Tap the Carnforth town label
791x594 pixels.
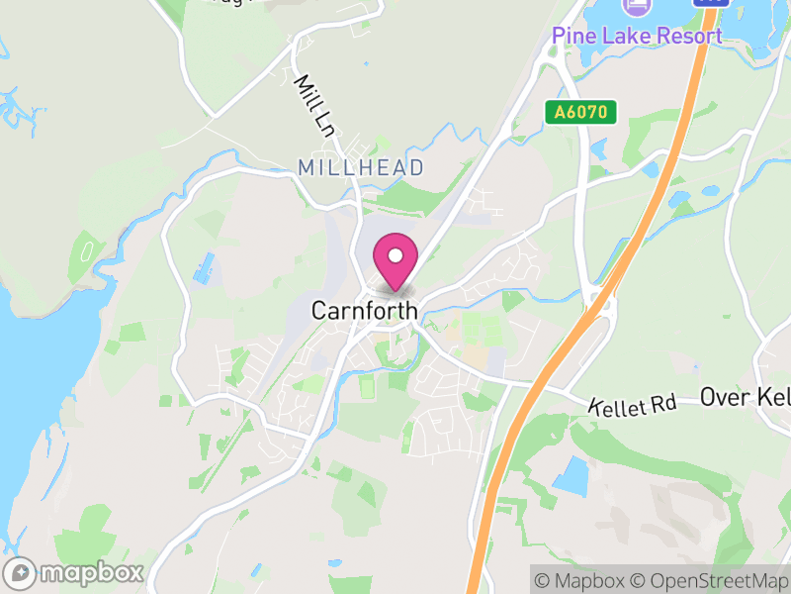point(364,311)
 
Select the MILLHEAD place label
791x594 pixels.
point(361,168)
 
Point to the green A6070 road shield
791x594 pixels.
point(581,113)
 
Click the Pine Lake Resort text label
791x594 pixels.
point(637,37)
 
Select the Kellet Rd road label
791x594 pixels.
point(633,405)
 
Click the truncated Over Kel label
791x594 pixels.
point(745,397)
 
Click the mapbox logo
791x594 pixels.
point(75,572)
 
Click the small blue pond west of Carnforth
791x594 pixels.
point(205,268)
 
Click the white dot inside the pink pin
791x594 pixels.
point(395,255)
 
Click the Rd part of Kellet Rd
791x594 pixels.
point(662,403)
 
